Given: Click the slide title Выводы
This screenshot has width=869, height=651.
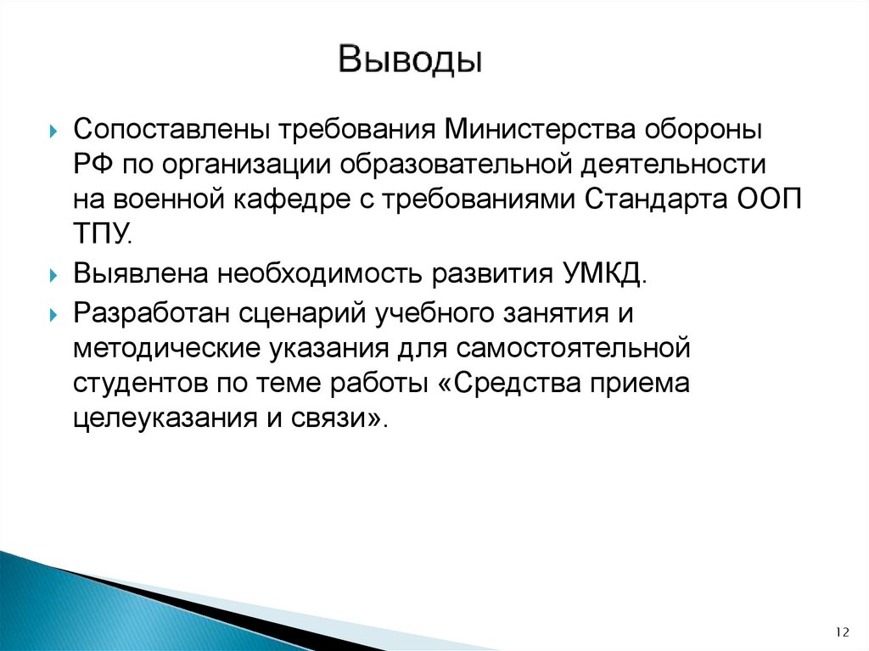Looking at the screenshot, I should coord(411,61).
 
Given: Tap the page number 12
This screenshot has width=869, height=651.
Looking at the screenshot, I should coord(843,631).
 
